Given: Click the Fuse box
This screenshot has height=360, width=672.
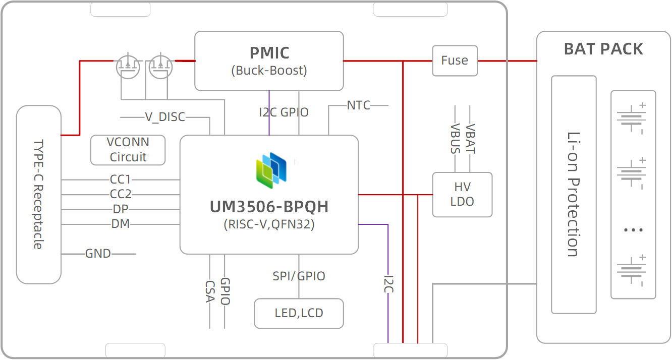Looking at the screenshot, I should coord(455,61).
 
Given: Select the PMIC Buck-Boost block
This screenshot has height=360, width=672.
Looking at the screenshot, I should coord(269,61).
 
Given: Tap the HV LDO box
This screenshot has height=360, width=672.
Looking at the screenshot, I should coord(462,195).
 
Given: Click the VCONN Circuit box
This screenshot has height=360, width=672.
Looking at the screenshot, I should coord(128,150).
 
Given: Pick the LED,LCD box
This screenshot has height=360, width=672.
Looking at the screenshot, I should coord(299,313).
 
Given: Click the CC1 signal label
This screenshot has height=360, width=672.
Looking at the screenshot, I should coord(121,179).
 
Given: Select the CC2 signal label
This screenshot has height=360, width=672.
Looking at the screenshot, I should coord(121,194).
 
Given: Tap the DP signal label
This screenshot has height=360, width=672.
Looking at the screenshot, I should coord(121,209).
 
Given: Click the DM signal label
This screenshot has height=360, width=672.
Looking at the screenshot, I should coord(121,223).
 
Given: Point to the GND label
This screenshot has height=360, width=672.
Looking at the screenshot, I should coord(98,254).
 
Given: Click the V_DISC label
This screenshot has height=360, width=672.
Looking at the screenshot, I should coord(165,117).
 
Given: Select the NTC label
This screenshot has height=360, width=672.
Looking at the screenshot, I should coord(358,105).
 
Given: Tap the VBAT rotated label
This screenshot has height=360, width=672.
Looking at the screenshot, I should coord(470,139).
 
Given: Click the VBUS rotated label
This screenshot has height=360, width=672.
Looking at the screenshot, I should coord(456,139).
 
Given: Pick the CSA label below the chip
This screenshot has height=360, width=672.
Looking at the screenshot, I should coord(210,291).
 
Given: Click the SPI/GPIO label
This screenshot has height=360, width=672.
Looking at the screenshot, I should coord(299,276).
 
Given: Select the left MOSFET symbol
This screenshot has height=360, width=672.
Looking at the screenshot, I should coord(128,66).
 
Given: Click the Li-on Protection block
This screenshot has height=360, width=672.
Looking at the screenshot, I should coord(574,194).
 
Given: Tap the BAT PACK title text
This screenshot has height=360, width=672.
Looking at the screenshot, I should coord(603,49).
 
